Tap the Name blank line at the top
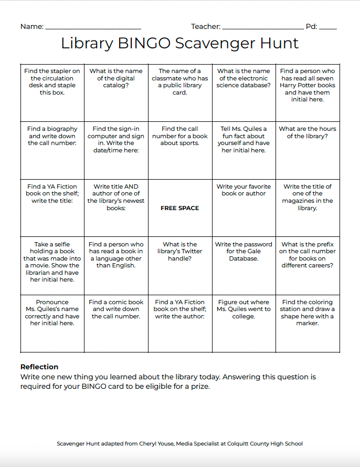coord(93,27)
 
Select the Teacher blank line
coord(262,27)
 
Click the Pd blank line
coord(328,27)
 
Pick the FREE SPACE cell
coord(180,208)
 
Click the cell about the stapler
coord(52,92)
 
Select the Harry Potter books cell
coord(308,92)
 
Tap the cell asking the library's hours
coord(308,150)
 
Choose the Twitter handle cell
coord(180,266)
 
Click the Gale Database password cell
coord(243,266)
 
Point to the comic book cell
coord(116,324)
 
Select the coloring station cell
coord(308,324)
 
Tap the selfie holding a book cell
coord(52,266)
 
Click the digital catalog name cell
coord(116,92)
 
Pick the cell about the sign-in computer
coord(116,150)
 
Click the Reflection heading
coord(39,367)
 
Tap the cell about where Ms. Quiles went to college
coord(243,324)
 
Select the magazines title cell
coord(308,208)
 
